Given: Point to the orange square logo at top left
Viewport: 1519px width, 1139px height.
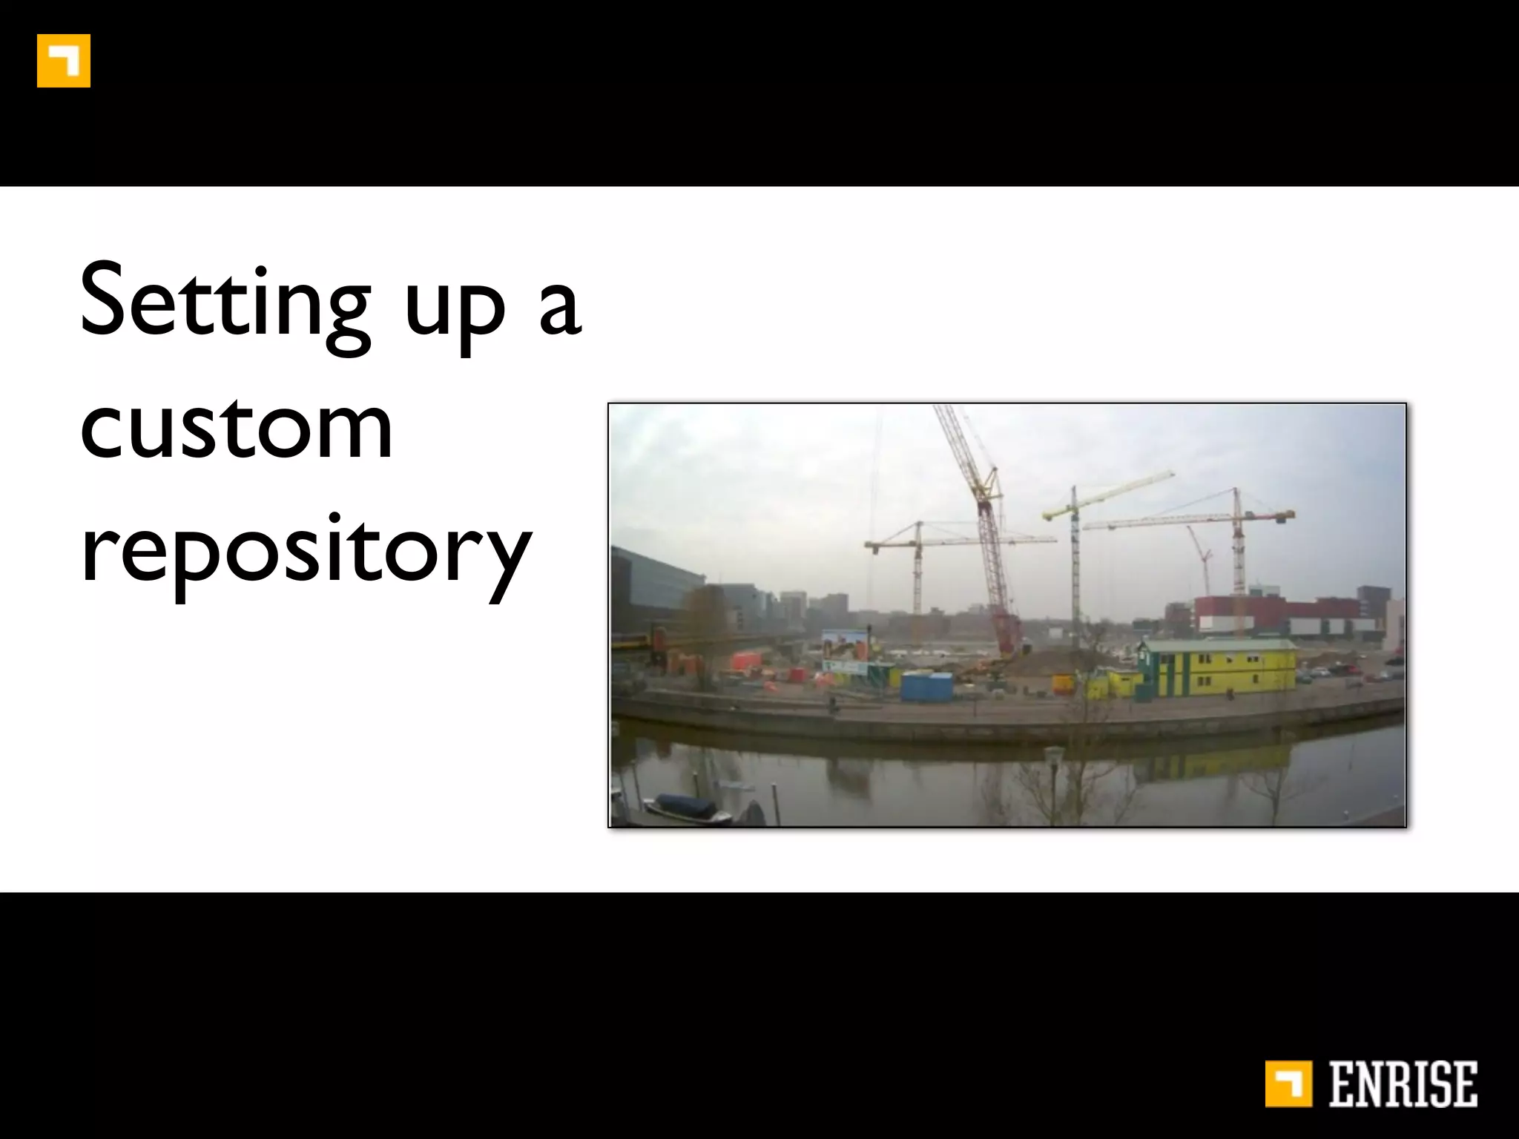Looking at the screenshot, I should (64, 61).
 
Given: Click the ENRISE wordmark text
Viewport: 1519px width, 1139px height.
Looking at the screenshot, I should (1403, 1085).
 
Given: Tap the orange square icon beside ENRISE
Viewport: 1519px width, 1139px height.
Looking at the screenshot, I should (1288, 1085).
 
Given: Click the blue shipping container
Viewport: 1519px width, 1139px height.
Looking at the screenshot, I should (926, 686).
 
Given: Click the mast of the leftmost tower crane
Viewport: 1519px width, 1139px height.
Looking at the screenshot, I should (918, 571).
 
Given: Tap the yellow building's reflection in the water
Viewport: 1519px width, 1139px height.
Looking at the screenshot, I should (1216, 764).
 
